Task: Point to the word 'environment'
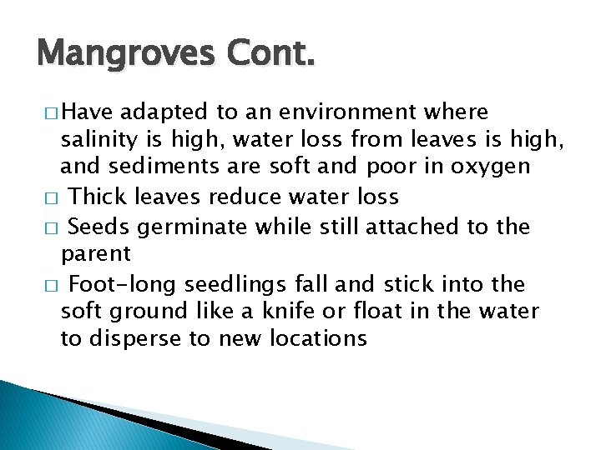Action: tap(347, 112)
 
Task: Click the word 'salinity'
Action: tap(93, 139)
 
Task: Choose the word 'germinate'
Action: tap(184, 226)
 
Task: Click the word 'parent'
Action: tap(96, 254)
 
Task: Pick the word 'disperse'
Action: tap(134, 339)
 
